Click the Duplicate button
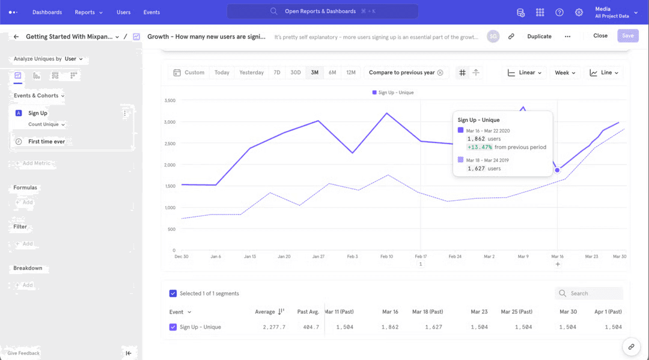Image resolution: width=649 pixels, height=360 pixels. coord(539,36)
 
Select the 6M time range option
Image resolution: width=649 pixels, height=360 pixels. coord(332,73)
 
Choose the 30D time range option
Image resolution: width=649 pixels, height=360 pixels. coord(296,73)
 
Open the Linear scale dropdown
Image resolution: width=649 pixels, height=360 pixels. coord(525,73)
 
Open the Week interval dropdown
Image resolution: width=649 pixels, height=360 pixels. coord(565,73)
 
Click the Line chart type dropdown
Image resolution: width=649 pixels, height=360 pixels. coord(604,73)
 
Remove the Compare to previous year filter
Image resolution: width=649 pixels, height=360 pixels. coord(440,73)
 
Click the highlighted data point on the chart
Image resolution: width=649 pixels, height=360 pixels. coord(557,170)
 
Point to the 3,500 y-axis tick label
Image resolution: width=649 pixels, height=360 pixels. coord(169,100)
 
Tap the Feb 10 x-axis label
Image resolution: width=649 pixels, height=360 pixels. coord(386,257)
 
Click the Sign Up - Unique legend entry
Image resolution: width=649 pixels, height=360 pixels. coord(393,93)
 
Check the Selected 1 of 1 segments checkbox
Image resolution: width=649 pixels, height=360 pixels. coord(173,293)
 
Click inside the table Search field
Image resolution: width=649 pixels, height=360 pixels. coord(592,293)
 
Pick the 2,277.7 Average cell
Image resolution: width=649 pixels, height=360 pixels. coord(274,327)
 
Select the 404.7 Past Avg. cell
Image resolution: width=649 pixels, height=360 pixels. coord(310,327)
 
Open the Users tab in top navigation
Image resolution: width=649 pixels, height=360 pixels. coord(123,12)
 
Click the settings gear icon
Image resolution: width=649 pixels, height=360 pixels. coord(579,12)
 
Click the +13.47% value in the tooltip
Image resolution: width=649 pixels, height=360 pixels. coord(480,147)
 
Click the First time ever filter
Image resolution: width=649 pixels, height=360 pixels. coord(46,141)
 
